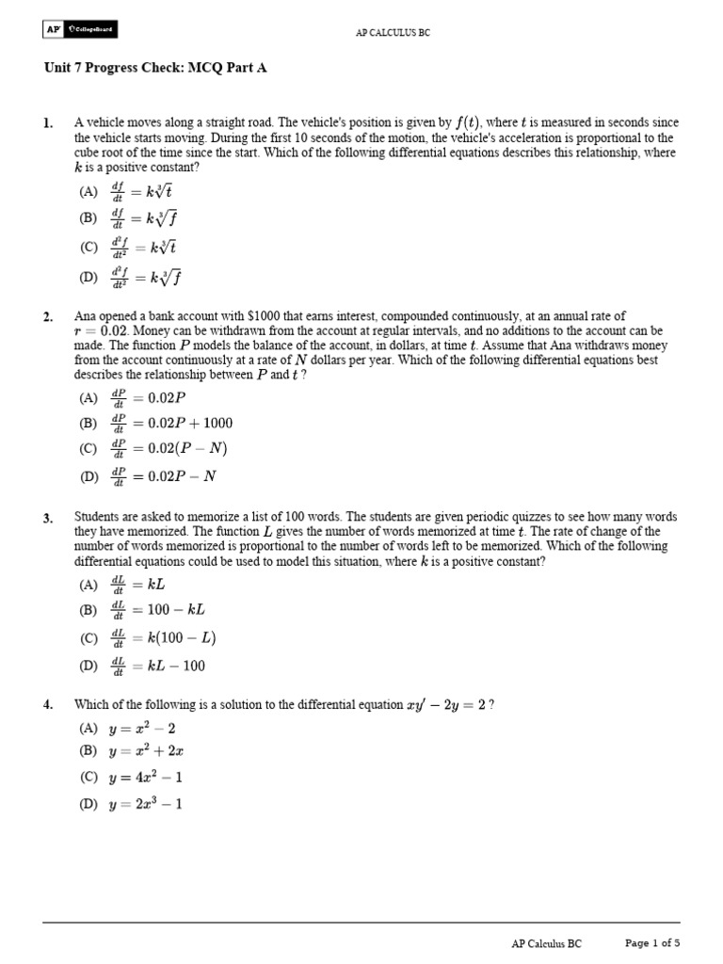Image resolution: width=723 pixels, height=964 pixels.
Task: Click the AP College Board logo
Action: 80,31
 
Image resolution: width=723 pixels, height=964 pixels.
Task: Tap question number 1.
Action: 47,123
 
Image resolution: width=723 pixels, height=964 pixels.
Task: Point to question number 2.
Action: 47,317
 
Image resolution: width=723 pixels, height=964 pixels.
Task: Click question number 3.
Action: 47,518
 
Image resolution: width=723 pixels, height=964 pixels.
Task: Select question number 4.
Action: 47,705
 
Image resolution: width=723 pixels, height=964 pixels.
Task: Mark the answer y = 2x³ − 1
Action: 145,805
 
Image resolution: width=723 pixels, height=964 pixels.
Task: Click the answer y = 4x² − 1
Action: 145,779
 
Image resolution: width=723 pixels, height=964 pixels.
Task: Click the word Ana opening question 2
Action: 85,317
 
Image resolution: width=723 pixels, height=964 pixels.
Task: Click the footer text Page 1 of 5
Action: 652,942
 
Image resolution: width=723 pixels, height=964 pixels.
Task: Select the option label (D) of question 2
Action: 89,476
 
